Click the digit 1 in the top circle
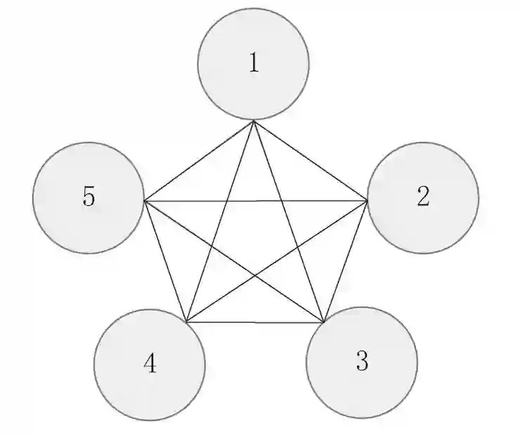pyautogui.click(x=254, y=63)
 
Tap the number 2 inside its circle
pyautogui.click(x=422, y=197)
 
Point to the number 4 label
pyautogui.click(x=150, y=364)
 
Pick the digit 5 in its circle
pyautogui.click(x=89, y=197)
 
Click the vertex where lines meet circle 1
pyautogui.click(x=254, y=121)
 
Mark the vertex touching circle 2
pyautogui.click(x=367, y=200)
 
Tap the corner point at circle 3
pyautogui.click(x=325, y=323)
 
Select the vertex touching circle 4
pyautogui.click(x=186, y=322)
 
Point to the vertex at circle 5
pyautogui.click(x=144, y=201)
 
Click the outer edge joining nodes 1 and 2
pyautogui.click(x=310, y=160)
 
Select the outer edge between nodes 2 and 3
pyautogui.click(x=346, y=261)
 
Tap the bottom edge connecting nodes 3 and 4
pyautogui.click(x=255, y=323)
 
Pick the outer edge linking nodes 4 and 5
pyautogui.click(x=165, y=261)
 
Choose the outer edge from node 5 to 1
pyautogui.click(x=199, y=161)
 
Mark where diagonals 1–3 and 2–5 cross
pyautogui.click(x=281, y=201)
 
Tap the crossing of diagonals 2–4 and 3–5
pyautogui.click(x=255, y=275)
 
